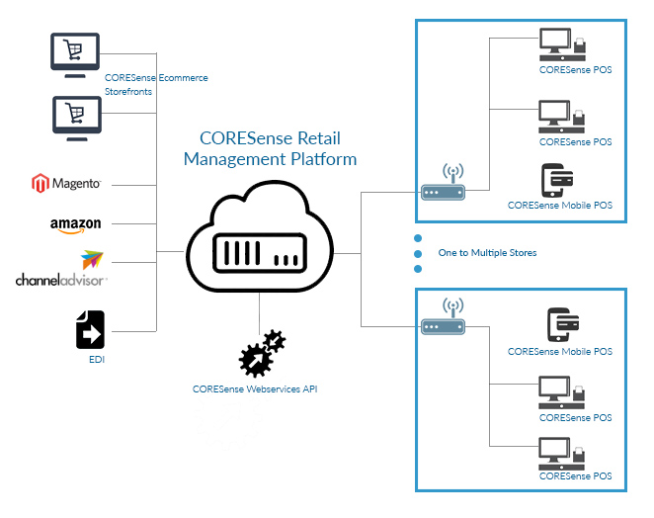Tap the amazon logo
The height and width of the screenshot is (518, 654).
click(76, 224)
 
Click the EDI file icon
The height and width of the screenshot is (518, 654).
click(90, 329)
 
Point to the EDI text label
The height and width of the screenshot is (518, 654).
click(96, 360)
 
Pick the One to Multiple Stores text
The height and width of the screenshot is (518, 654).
click(487, 253)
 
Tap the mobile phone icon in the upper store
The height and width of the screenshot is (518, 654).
click(558, 182)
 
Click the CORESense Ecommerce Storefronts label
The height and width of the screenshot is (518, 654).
click(156, 83)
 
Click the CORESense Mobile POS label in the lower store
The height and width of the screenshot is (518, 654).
click(559, 352)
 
